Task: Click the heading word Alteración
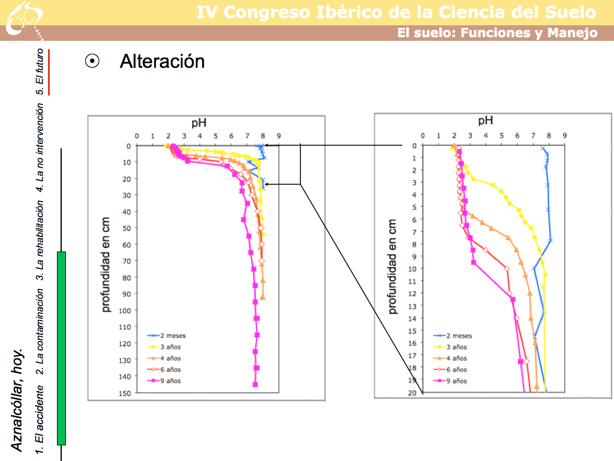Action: coord(162,61)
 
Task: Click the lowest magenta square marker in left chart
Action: coord(255,384)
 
